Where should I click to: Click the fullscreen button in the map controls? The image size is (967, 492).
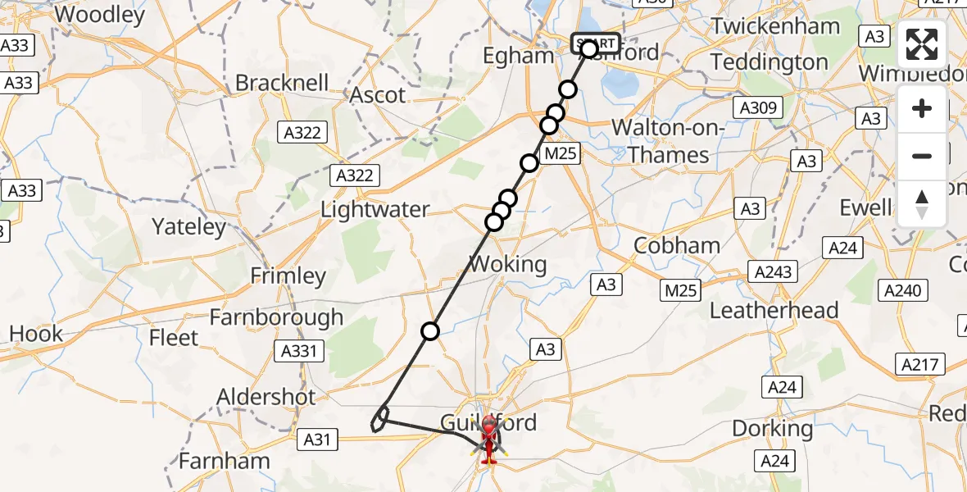click(x=922, y=44)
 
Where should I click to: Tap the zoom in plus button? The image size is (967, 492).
click(x=922, y=108)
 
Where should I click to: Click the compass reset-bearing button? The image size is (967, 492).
click(x=922, y=203)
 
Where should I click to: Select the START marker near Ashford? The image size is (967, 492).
click(x=596, y=43)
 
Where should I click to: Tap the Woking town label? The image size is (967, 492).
click(x=507, y=264)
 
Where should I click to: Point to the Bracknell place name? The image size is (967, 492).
click(x=282, y=83)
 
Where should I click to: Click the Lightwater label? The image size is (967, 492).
click(x=375, y=210)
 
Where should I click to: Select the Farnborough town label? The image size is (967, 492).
click(x=276, y=317)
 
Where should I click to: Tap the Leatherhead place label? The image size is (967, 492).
click(x=774, y=311)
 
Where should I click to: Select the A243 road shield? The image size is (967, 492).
click(x=772, y=272)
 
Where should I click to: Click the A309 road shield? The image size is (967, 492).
click(x=760, y=107)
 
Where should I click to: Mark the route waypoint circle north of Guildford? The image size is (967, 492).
click(x=430, y=331)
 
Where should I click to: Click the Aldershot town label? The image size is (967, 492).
click(x=266, y=398)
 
